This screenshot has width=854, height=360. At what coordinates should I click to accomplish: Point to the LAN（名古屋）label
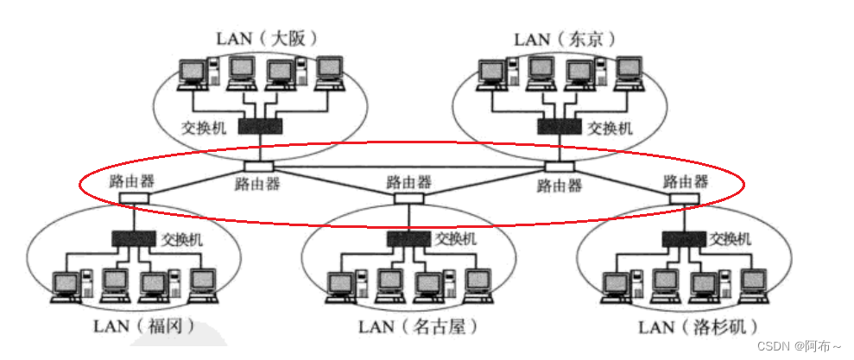[x=417, y=327]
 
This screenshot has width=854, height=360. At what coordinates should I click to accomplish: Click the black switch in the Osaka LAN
[x=261, y=126]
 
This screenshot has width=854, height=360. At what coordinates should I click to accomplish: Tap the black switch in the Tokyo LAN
[x=559, y=126]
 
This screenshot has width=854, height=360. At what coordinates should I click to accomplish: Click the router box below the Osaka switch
[x=258, y=166]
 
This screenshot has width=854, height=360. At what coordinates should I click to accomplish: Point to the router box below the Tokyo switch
[x=559, y=166]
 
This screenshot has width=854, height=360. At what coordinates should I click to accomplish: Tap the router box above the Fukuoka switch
[x=134, y=199]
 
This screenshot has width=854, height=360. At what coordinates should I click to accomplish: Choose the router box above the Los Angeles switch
[x=686, y=199]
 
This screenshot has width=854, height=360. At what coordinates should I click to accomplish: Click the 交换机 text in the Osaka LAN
[x=204, y=128]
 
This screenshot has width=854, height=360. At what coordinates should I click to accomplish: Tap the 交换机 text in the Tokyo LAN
[x=610, y=128]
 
